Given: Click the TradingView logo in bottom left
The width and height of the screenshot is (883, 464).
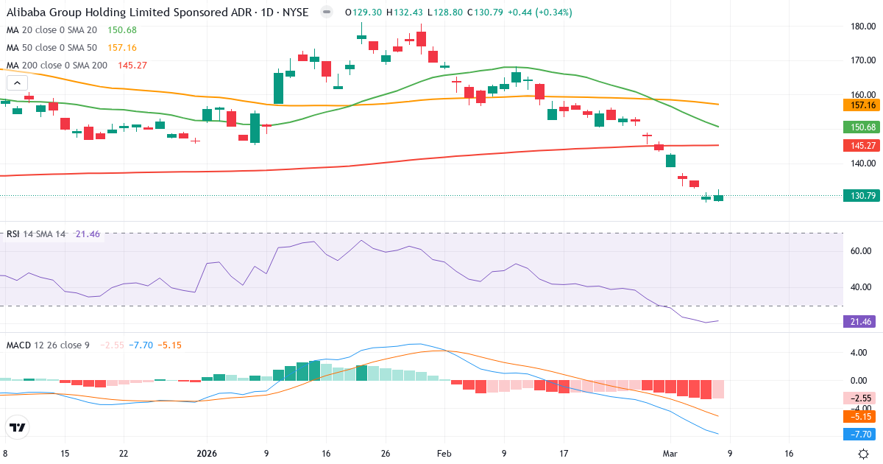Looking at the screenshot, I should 18,427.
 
